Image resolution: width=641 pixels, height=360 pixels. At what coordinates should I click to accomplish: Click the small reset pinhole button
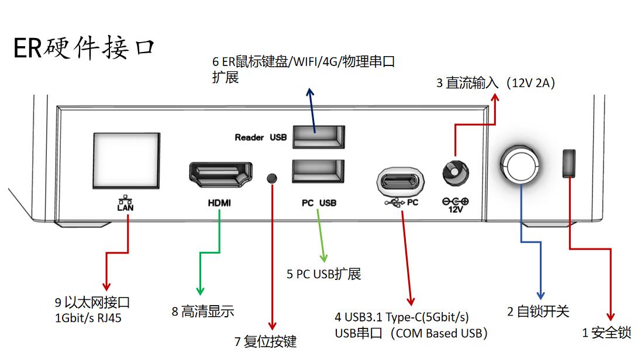pos(272,178)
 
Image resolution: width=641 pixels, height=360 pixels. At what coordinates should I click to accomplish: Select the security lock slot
pos(569,163)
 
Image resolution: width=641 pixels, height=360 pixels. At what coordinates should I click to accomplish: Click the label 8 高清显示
pos(203,312)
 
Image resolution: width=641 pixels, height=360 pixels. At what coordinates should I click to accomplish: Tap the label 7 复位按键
pos(266,341)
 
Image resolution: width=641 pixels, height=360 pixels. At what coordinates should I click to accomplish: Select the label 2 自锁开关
pos(538,312)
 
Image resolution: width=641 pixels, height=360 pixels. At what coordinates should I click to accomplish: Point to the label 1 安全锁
pos(606,333)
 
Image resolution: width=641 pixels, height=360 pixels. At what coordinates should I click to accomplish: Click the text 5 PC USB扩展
pos(323,274)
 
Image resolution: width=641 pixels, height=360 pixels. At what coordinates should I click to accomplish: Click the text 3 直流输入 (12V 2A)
pos(495,83)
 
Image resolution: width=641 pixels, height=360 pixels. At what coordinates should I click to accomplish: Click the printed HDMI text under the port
pos(219,203)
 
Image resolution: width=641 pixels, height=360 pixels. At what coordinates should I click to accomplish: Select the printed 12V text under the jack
pos(455,209)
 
